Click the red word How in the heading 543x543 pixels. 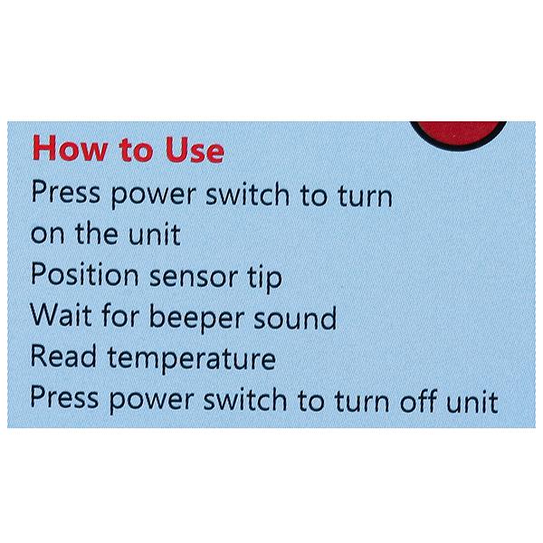pyautogui.click(x=70, y=148)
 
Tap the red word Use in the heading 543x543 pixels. pyautogui.click(x=195, y=149)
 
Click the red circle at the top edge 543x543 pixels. pyautogui.click(x=458, y=134)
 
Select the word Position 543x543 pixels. pyautogui.click(x=85, y=274)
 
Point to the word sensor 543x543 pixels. pyautogui.click(x=194, y=277)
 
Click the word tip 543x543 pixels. pyautogui.click(x=264, y=278)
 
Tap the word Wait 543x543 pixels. pyautogui.click(x=61, y=315)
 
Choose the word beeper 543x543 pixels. pyautogui.click(x=196, y=318)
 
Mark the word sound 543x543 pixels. pyautogui.click(x=295, y=318)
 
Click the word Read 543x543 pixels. pyautogui.click(x=63, y=356)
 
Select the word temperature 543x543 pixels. pyautogui.click(x=192, y=359)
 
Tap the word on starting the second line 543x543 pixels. pyautogui.click(x=47, y=235)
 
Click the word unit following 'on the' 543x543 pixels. pyautogui.click(x=154, y=233)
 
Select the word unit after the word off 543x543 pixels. pyautogui.click(x=472, y=401)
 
